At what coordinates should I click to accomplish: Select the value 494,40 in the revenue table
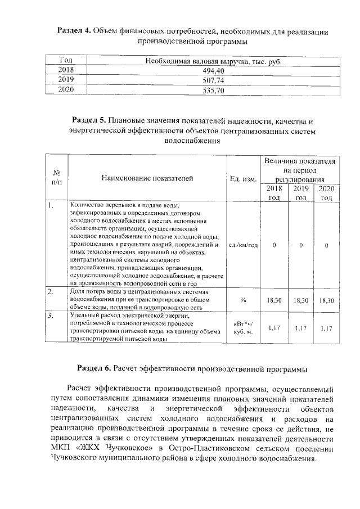[213, 70]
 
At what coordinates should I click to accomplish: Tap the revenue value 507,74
[213, 80]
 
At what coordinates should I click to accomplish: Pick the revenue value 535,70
[213, 90]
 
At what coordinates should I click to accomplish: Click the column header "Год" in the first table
[66, 61]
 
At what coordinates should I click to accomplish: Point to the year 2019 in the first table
[66, 80]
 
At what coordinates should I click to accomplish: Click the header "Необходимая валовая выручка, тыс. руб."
[213, 61]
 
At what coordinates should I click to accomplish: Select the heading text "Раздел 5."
[89, 120]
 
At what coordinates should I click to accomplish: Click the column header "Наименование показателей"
[147, 178]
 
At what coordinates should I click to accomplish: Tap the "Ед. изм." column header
[244, 179]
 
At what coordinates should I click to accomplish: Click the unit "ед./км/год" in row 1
[244, 245]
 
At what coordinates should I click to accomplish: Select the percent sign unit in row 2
[244, 300]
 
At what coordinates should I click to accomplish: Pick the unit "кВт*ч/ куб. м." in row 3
[244, 328]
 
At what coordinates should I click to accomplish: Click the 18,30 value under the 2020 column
[326, 301]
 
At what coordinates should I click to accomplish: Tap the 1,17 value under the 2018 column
[274, 327]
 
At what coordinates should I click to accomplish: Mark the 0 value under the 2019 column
[301, 245]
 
